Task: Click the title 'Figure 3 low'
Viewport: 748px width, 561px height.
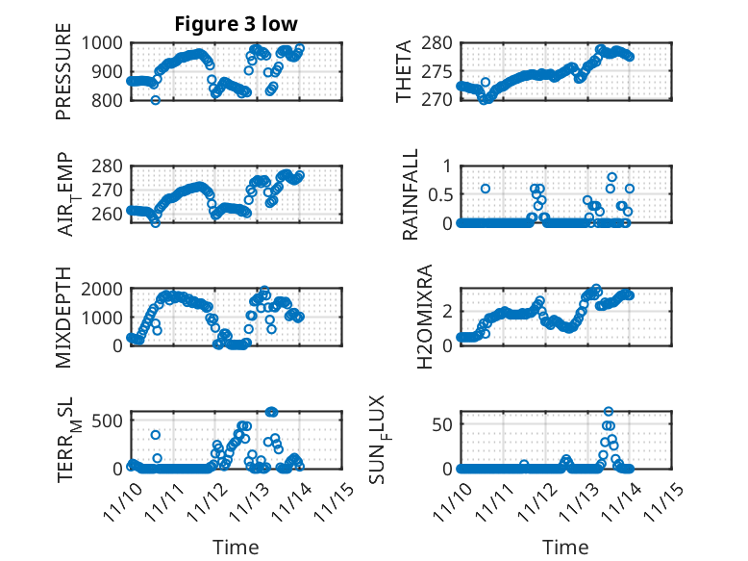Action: pos(235,23)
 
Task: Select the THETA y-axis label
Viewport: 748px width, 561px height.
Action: pos(404,71)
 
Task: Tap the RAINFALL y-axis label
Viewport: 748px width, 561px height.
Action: pos(411,194)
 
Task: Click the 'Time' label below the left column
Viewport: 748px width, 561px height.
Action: pos(236,547)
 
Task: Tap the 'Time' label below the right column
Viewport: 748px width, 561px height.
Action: pos(566,547)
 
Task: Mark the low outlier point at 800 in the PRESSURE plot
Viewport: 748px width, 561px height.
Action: pos(155,100)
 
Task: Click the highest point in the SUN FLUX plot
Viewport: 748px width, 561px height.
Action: pos(608,412)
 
